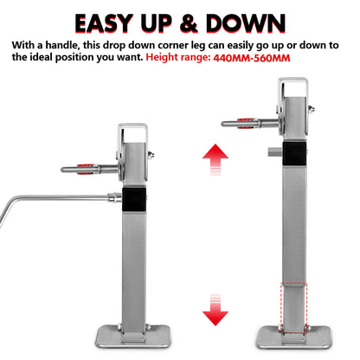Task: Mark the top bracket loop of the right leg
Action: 291,87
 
